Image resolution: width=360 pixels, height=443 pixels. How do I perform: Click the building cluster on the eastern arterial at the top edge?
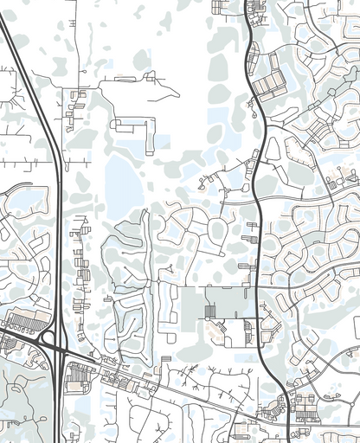[256, 10]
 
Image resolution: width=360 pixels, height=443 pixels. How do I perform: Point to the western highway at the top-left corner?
[7, 35]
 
